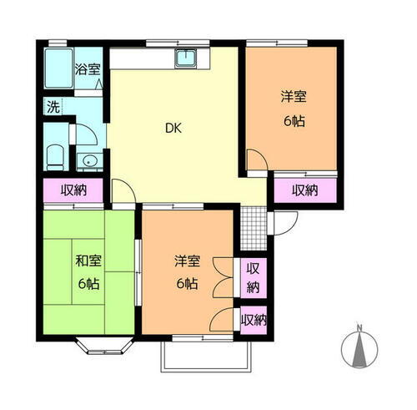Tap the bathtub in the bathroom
coord(58,69)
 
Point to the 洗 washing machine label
coord(53,107)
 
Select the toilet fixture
coord(56,155)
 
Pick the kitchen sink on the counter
coord(185,58)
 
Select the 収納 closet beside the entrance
coord(305,190)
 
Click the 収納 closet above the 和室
coord(73,190)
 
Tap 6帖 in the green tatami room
coord(88,284)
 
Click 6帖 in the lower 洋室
coord(186,284)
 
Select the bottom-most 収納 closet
coord(253,320)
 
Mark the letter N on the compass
coord(359,327)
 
